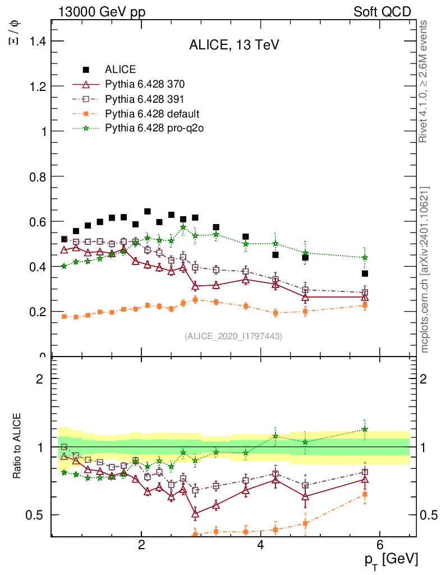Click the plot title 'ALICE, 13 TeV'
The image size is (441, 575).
[x=233, y=45]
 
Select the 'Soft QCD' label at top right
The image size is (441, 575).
[x=382, y=12]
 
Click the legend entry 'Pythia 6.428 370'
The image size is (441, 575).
[x=145, y=85]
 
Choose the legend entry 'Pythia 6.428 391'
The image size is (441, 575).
[x=145, y=99]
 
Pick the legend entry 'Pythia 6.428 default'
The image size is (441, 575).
[x=152, y=114]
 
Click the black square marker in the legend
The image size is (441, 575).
[x=86, y=70]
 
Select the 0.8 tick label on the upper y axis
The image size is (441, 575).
[x=34, y=176]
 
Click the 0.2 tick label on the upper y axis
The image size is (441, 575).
[x=34, y=311]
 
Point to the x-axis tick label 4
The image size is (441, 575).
[x=260, y=545]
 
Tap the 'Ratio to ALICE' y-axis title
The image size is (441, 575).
[x=18, y=447]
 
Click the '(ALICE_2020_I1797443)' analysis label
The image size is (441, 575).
[x=233, y=336]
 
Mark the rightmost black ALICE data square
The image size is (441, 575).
[x=365, y=273]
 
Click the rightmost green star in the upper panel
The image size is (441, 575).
[x=365, y=258]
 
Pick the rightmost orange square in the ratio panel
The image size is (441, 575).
[x=365, y=495]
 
